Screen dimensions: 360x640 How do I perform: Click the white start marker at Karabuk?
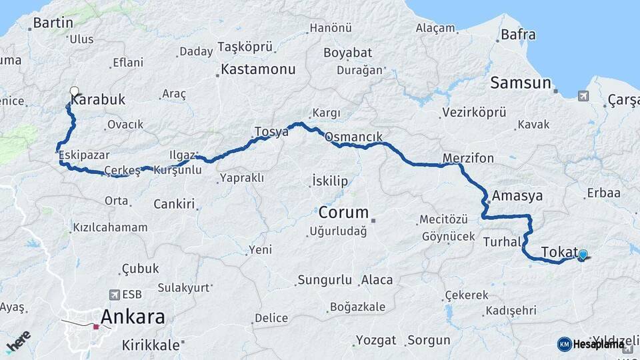74,91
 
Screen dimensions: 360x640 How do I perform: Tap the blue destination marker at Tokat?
583,254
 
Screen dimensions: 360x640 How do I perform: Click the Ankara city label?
133,316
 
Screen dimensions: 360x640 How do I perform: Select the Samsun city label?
521,83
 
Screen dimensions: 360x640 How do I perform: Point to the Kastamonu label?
257,69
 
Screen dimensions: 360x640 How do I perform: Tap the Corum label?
343,213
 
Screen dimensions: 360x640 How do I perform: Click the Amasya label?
517,197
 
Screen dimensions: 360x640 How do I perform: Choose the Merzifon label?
468,158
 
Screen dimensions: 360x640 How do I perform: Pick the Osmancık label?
354,137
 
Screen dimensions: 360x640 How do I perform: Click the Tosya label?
271,131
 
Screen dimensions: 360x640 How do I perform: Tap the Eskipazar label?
85,155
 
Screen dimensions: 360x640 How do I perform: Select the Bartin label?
53,23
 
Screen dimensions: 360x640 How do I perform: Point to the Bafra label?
518,34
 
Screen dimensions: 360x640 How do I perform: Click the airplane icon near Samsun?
583,97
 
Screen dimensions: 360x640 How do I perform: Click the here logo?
18,341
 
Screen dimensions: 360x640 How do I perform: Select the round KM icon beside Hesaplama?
564,344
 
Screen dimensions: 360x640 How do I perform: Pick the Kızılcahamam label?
110,227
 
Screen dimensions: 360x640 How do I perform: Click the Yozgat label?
376,340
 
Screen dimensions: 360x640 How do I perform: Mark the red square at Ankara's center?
96,327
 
